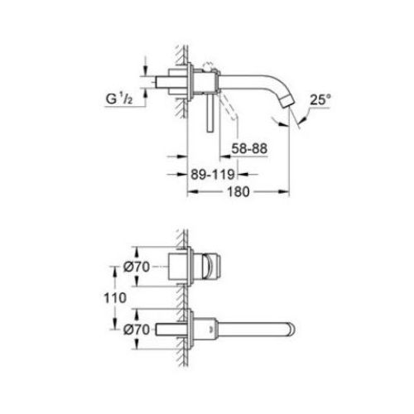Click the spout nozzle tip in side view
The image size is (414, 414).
[x=288, y=102]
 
